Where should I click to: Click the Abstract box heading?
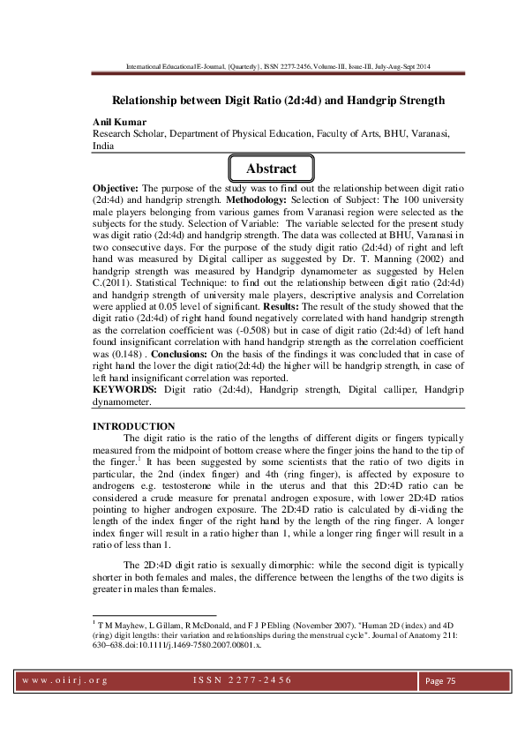[x=271, y=169]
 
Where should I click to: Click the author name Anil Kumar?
[x=119, y=120]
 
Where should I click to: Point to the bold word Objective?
[x=119, y=189]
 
